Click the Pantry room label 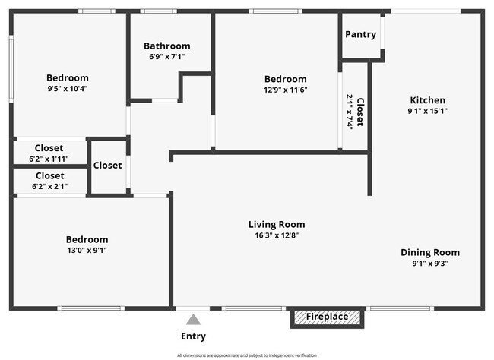tap(361, 35)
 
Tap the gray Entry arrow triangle tap(193, 320)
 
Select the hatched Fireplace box tap(327, 317)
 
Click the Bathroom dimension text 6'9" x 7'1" tap(167, 57)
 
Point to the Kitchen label tap(428, 100)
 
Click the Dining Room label tap(430, 253)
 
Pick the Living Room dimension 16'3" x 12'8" tap(277, 235)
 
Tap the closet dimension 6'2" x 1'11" tap(49, 159)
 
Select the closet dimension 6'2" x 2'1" tap(49, 187)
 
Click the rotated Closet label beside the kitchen tap(360, 112)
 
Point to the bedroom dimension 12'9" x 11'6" tap(286, 90)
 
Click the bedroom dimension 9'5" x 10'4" tap(68, 89)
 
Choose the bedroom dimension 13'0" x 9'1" tap(87, 251)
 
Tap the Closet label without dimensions tap(107, 166)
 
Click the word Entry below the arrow tap(194, 336)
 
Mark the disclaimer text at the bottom tap(247, 355)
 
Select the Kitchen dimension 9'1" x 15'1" tap(428, 111)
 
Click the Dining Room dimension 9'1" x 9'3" tap(430, 264)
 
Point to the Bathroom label tap(167, 46)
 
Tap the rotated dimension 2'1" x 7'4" tap(350, 111)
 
